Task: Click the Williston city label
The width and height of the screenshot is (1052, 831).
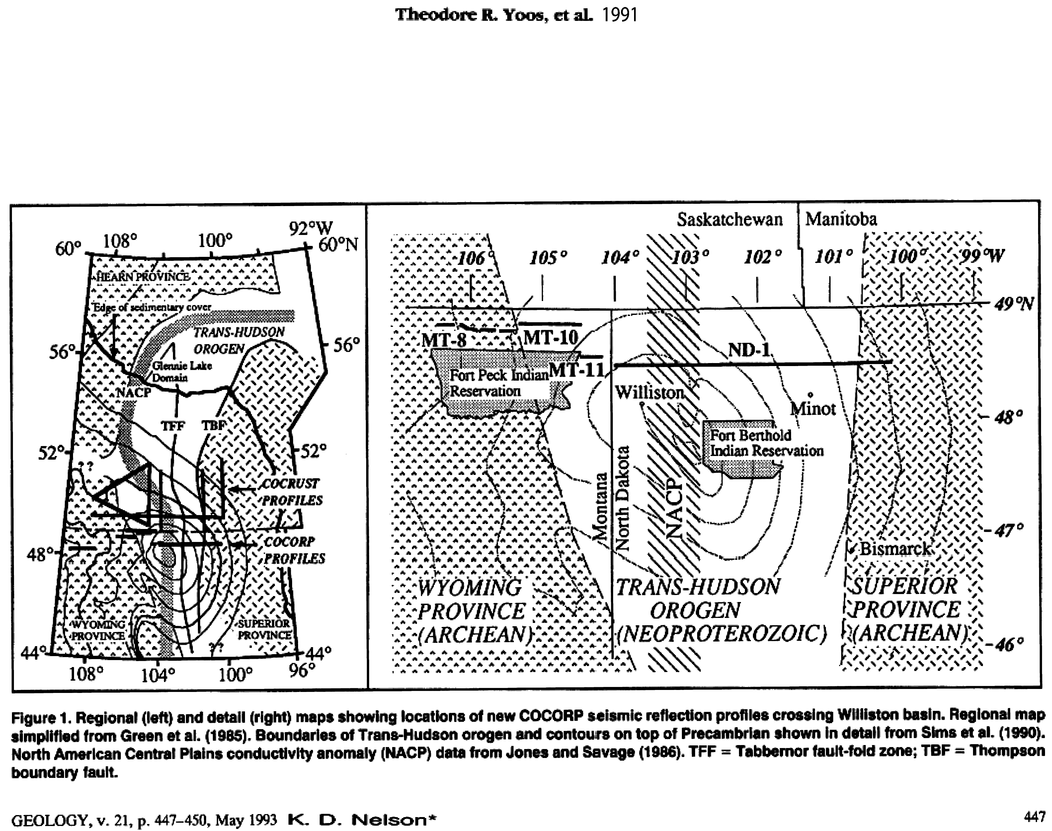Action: [650, 392]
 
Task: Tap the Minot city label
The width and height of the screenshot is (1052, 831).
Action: [813, 409]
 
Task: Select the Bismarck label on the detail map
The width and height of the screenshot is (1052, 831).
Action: [896, 549]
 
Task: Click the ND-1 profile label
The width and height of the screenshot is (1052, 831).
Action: [749, 349]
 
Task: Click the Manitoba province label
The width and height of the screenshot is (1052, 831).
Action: [841, 219]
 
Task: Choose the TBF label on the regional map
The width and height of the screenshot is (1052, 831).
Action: [214, 425]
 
